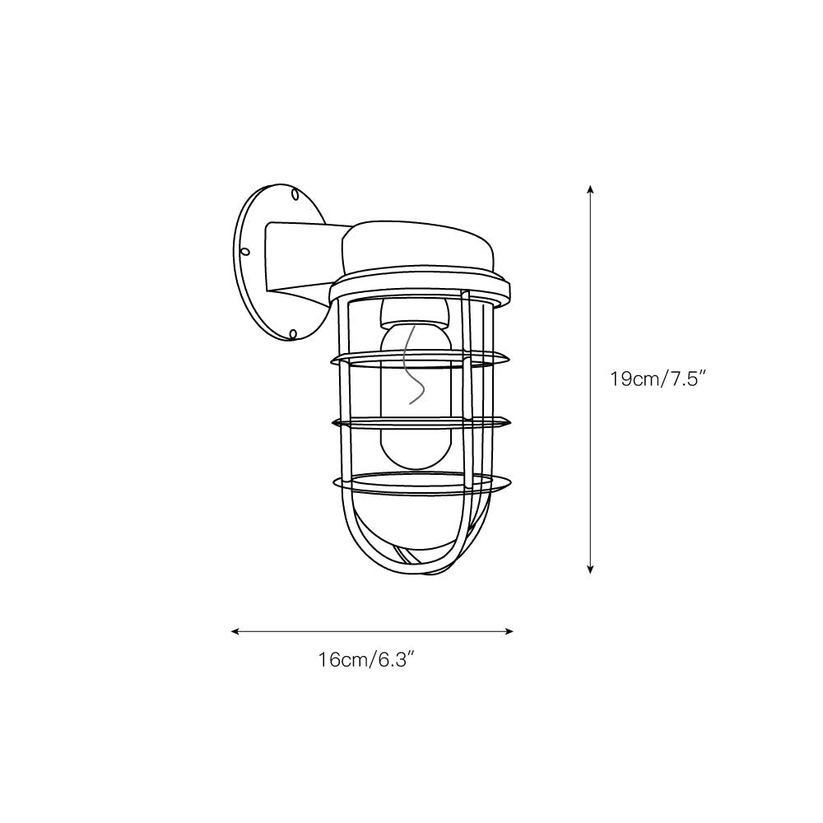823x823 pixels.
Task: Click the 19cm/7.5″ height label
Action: coord(660,379)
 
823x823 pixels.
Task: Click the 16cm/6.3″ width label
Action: coord(370,660)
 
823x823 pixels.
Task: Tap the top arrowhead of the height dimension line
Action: coord(590,189)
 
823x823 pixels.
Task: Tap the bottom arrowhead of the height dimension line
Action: coord(590,569)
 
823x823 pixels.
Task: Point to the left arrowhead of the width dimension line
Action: coord(235,631)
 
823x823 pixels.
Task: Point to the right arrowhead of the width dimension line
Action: coord(508,631)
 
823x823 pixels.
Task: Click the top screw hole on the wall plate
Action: coord(295,195)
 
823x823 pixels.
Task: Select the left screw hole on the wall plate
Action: coord(245,252)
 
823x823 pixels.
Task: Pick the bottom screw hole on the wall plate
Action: coord(294,334)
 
